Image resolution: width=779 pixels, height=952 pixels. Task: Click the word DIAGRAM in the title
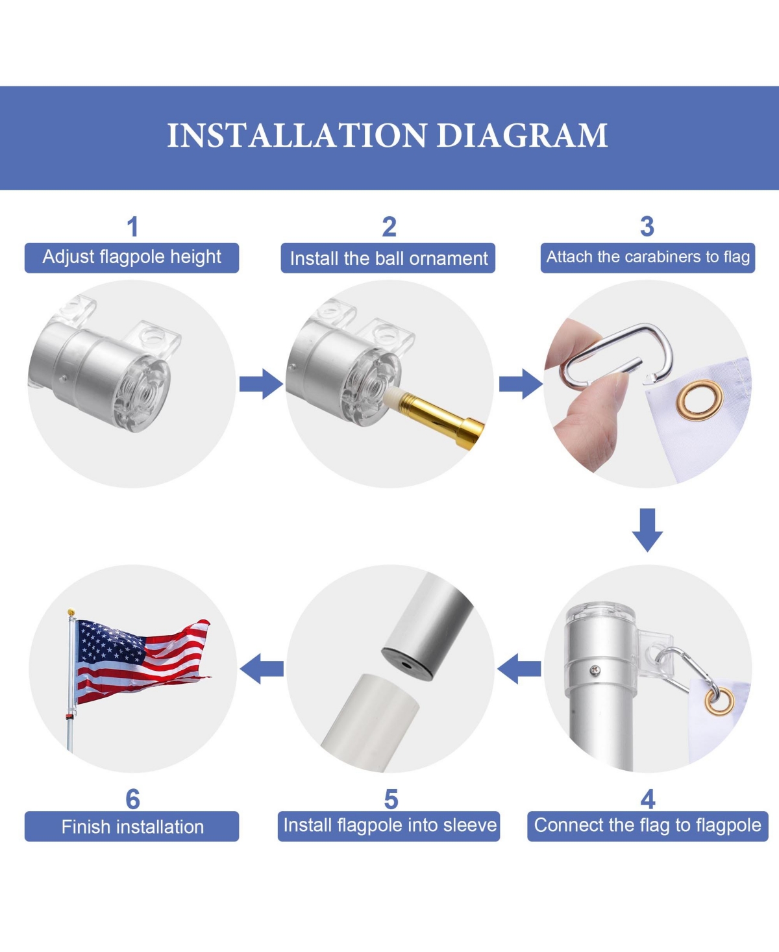pyautogui.click(x=522, y=136)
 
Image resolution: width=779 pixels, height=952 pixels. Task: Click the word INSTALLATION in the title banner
pyautogui.click(x=297, y=136)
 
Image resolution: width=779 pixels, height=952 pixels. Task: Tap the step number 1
pyautogui.click(x=132, y=227)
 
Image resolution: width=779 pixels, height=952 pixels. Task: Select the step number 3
pyautogui.click(x=647, y=227)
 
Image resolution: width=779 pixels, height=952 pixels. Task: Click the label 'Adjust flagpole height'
pyautogui.click(x=132, y=257)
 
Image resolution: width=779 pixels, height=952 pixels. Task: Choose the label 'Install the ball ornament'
pyautogui.click(x=388, y=258)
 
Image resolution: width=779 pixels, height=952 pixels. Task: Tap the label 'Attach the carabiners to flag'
pyautogui.click(x=648, y=257)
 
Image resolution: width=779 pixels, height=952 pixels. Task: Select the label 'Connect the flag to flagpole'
pyautogui.click(x=648, y=825)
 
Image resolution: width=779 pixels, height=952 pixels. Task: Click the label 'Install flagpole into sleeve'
pyautogui.click(x=389, y=825)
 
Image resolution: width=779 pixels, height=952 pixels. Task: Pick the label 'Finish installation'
pyautogui.click(x=132, y=827)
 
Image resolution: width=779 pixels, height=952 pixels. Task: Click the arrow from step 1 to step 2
pyautogui.click(x=261, y=384)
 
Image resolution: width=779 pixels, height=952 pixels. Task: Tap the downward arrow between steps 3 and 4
pyautogui.click(x=647, y=530)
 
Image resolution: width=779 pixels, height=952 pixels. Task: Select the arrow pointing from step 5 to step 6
pyautogui.click(x=262, y=668)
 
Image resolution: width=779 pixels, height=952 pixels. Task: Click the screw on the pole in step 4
pyautogui.click(x=596, y=671)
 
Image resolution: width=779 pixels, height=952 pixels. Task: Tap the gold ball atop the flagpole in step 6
pyautogui.click(x=71, y=612)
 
